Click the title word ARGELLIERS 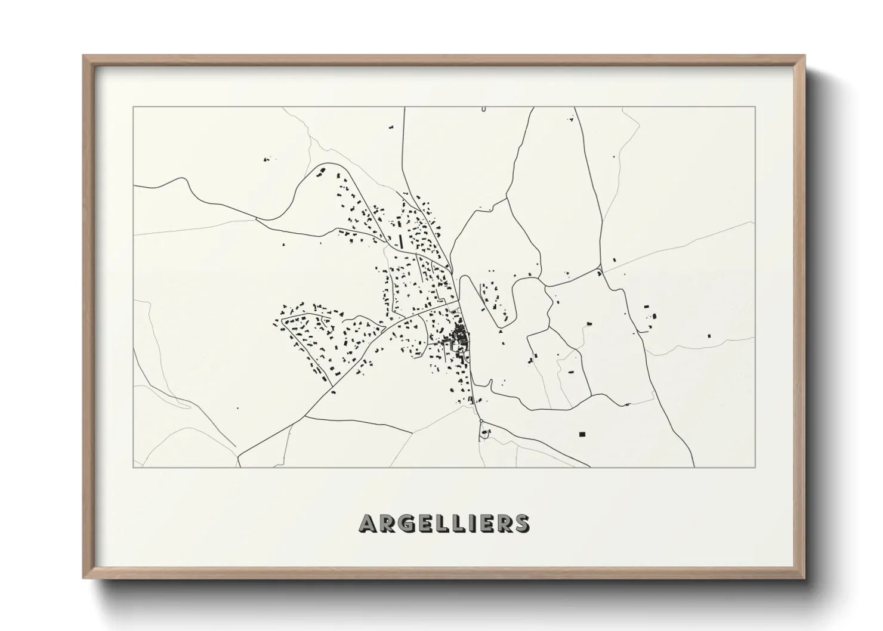444,523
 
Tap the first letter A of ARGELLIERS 367,523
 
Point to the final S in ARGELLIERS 521,523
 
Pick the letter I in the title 473,523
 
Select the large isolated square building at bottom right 583,434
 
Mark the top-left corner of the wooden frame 84,56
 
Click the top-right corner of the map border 755,107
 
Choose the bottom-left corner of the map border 132,467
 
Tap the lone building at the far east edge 709,336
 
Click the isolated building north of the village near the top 391,127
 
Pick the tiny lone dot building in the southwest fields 237,408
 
